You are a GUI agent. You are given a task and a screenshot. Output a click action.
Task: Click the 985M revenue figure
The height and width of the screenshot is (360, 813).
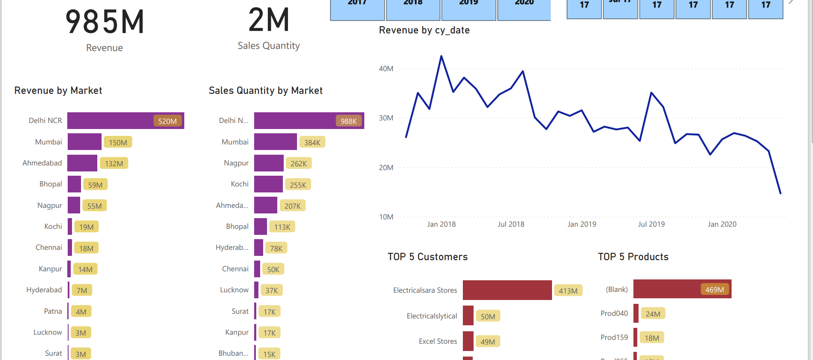105,22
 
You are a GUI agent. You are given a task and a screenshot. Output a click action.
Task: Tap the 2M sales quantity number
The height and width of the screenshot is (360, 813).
269,21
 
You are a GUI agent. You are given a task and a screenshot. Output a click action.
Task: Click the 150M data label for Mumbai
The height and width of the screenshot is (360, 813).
118,142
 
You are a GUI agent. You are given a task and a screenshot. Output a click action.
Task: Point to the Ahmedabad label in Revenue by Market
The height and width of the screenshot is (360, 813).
42,163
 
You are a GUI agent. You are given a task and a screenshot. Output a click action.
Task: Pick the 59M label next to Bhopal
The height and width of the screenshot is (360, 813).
95,185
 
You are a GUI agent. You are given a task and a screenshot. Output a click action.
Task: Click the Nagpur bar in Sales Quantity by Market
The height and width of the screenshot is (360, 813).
269,163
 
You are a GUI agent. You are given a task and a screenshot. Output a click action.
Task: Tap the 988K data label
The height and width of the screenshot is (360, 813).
348,121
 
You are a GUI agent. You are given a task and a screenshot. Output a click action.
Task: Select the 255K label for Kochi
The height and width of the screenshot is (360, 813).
298,185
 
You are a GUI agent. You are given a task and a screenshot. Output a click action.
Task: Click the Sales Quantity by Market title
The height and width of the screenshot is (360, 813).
265,90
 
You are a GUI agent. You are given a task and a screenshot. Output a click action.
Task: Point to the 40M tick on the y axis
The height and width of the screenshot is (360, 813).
386,69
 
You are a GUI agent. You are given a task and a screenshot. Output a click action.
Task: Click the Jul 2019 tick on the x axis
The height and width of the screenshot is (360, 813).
651,224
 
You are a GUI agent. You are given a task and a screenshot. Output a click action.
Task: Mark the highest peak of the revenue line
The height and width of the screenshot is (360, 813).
441,56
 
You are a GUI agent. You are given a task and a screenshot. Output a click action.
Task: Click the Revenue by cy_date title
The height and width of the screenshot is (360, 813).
424,30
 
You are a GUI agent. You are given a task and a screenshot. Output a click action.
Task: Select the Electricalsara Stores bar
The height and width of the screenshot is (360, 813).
507,290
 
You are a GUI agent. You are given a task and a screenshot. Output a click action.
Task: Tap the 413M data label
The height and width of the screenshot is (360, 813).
568,291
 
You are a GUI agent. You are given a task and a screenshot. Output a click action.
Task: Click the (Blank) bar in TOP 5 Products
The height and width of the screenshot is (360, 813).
682,289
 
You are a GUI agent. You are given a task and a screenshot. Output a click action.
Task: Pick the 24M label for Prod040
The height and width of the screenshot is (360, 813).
653,314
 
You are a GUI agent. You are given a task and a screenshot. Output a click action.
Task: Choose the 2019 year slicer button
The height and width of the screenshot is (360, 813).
468,9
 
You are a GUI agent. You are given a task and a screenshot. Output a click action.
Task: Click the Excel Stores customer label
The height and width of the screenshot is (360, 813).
438,341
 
